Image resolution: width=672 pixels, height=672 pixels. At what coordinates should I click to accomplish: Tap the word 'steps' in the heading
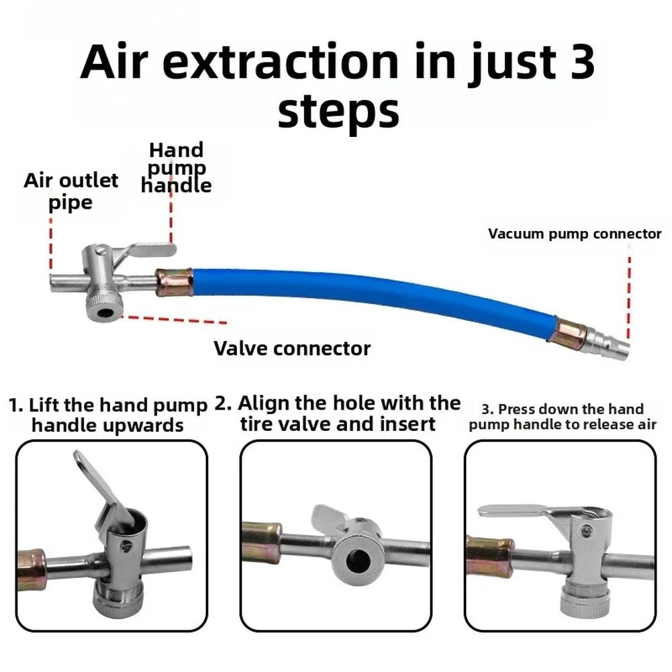pos(338,111)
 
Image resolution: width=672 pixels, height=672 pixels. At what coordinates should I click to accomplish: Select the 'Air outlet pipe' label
pos(70,191)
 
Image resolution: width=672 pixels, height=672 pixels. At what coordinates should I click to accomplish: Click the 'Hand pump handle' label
pos(176,168)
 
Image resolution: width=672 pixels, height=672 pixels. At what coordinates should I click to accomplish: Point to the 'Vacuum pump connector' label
pos(575,234)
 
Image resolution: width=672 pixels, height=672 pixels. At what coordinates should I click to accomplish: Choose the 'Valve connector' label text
pos(292,348)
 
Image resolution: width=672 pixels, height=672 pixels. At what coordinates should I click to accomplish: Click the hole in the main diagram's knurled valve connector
pos(104,311)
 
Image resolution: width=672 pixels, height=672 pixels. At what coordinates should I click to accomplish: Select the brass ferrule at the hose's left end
pos(174,282)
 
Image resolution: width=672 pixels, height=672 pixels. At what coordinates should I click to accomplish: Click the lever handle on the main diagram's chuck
pos(148,252)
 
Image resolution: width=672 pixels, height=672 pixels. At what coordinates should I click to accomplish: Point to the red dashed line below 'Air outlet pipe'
pos(51,246)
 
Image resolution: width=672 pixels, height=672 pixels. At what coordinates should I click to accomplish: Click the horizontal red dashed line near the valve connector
pos(174,320)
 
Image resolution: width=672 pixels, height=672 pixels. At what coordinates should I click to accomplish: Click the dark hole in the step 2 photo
pos(358,561)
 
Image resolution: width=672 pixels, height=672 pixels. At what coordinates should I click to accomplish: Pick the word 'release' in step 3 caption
pos(593,425)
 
